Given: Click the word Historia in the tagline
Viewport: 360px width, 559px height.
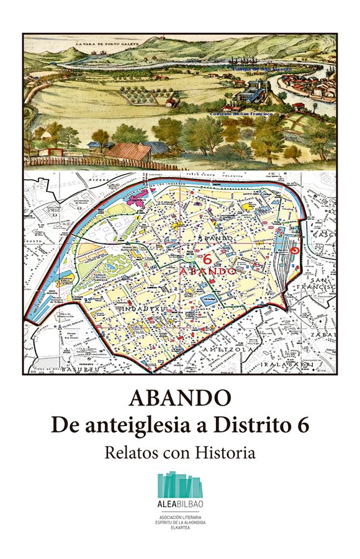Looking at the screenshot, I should click(225, 452).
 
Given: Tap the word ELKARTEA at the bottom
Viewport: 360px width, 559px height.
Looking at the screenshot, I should click(179, 531).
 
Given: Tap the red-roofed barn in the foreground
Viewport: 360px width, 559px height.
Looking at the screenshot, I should click(128, 151).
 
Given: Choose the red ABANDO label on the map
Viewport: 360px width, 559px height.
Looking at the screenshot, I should click(207, 272).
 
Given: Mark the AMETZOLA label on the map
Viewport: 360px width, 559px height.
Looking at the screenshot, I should click(230, 350).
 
